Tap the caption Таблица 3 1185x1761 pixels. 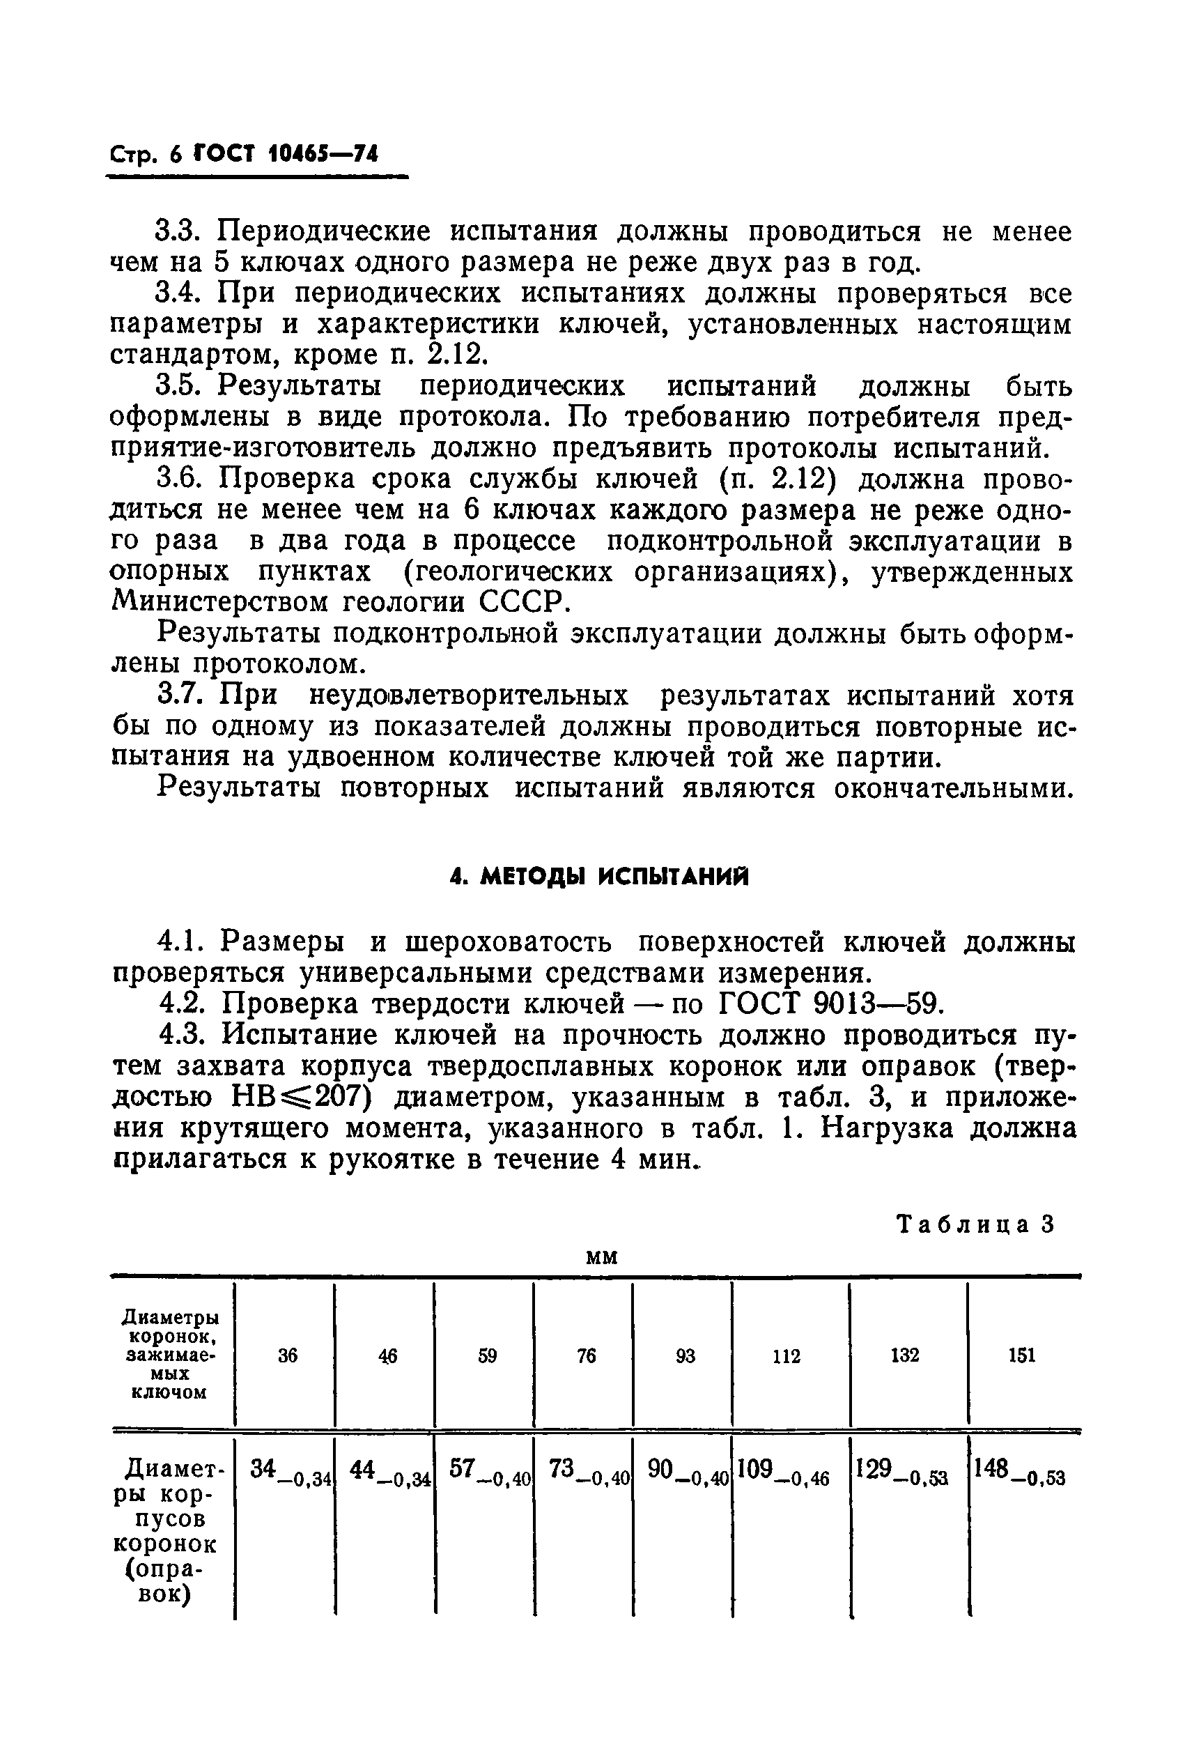[974, 1224]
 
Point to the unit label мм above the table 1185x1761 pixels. [603, 1256]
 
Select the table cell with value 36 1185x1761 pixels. [287, 1355]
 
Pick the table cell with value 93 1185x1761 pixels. [686, 1355]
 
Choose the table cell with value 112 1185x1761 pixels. [786, 1356]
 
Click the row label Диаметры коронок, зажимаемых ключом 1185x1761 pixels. [171, 1355]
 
